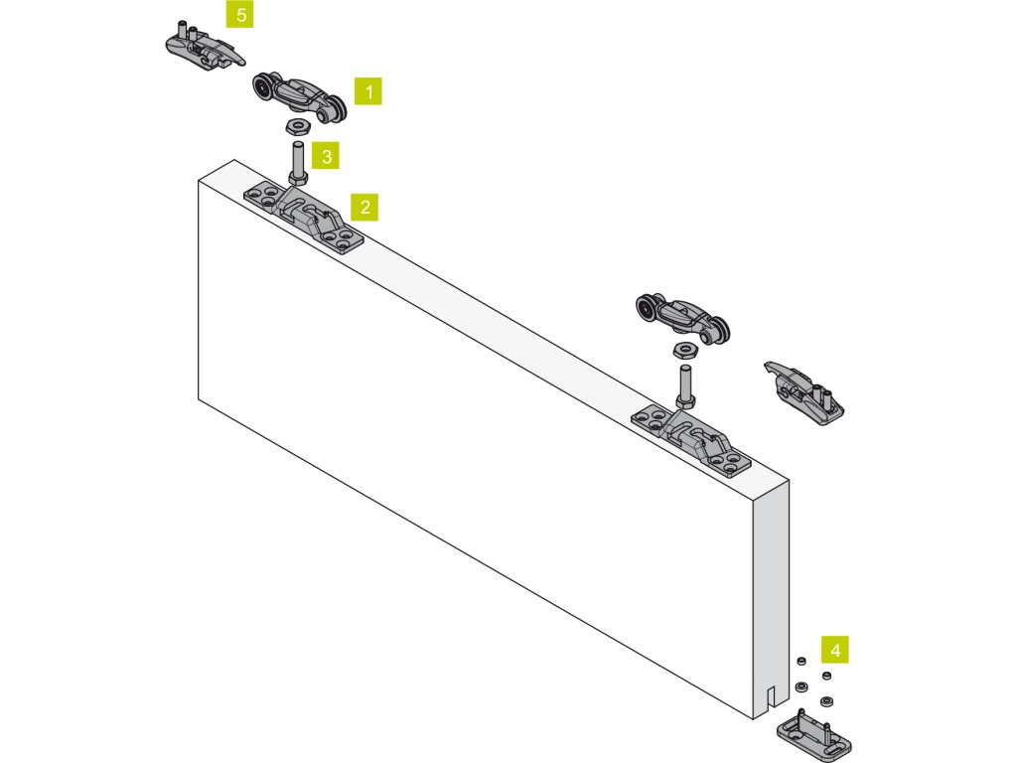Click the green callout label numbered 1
point(368,92)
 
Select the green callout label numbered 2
point(365,207)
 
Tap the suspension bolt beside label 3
point(297,163)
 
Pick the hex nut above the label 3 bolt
point(295,126)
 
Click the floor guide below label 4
point(813,733)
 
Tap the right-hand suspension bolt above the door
point(685,385)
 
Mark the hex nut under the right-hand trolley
point(683,350)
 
